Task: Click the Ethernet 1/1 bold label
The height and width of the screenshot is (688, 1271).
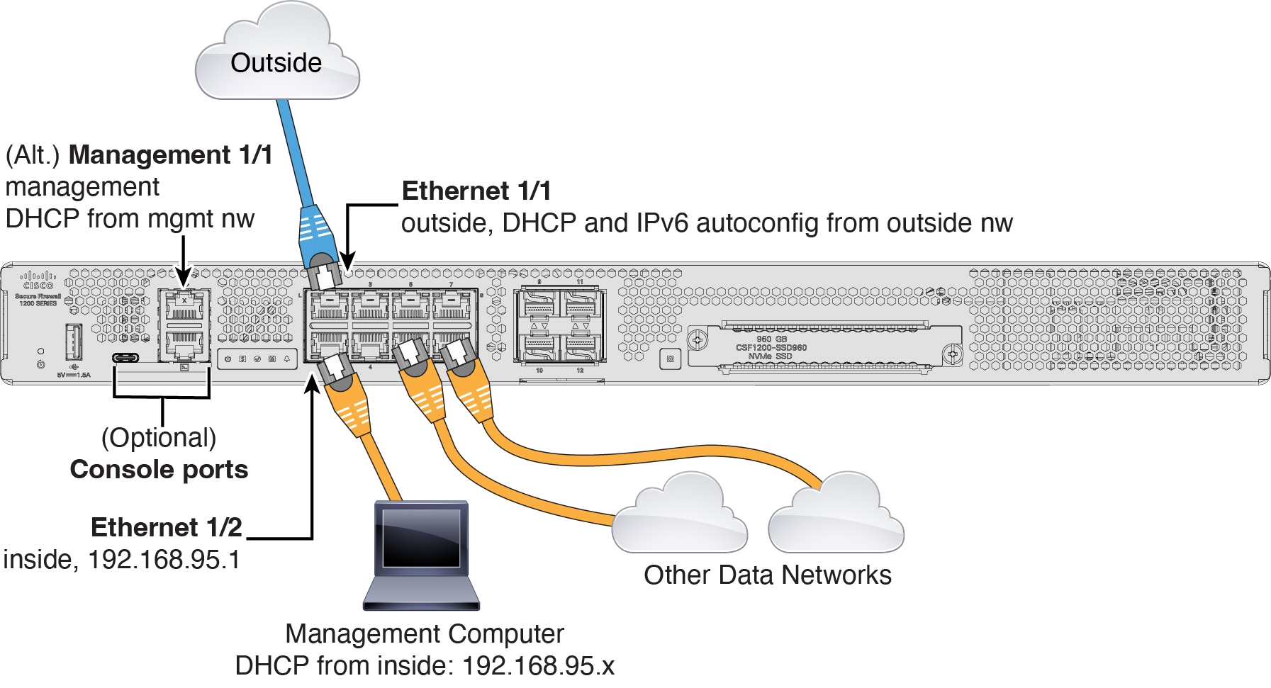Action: (x=476, y=191)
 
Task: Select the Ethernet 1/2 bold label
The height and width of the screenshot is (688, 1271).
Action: (x=167, y=527)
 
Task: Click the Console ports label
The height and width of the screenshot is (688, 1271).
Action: (x=159, y=469)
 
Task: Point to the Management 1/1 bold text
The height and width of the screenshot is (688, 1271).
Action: (x=171, y=154)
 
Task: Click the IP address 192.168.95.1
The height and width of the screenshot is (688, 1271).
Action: (x=164, y=560)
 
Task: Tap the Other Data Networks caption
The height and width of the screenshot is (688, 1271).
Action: (x=767, y=575)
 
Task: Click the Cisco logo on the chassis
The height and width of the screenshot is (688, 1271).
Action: (x=37, y=281)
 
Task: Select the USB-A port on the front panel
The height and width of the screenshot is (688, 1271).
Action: (x=74, y=342)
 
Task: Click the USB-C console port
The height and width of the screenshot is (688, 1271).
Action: (x=125, y=357)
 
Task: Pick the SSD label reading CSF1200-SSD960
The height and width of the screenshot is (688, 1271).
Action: (x=771, y=347)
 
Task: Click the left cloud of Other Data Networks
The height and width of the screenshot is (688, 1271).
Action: (x=679, y=517)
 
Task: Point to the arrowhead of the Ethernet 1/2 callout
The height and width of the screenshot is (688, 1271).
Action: (x=312, y=383)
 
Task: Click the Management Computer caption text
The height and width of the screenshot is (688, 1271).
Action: (x=424, y=633)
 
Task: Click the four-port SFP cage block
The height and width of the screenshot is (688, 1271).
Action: (x=559, y=327)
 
